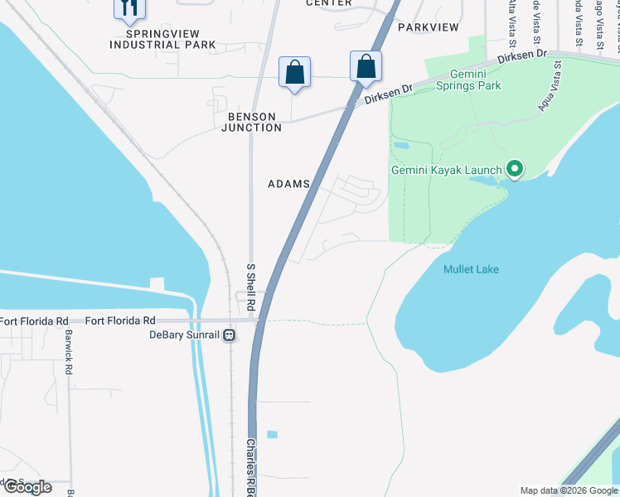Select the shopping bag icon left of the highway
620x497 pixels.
click(x=294, y=72)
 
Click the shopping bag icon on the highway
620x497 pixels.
click(x=366, y=66)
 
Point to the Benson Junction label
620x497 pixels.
click(x=251, y=121)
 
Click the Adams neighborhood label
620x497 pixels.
click(x=288, y=184)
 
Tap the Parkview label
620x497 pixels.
click(x=428, y=27)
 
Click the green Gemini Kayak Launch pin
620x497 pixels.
click(x=515, y=171)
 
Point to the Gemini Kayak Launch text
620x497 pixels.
click(x=446, y=171)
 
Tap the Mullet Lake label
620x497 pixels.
click(x=471, y=269)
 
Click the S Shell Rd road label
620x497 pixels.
click(x=251, y=283)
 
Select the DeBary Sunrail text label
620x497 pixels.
click(x=185, y=335)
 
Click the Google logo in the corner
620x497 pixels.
click(x=27, y=487)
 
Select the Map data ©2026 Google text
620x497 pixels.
click(x=569, y=490)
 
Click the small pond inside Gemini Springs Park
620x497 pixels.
click(x=401, y=145)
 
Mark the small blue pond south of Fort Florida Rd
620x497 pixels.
click(x=273, y=434)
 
